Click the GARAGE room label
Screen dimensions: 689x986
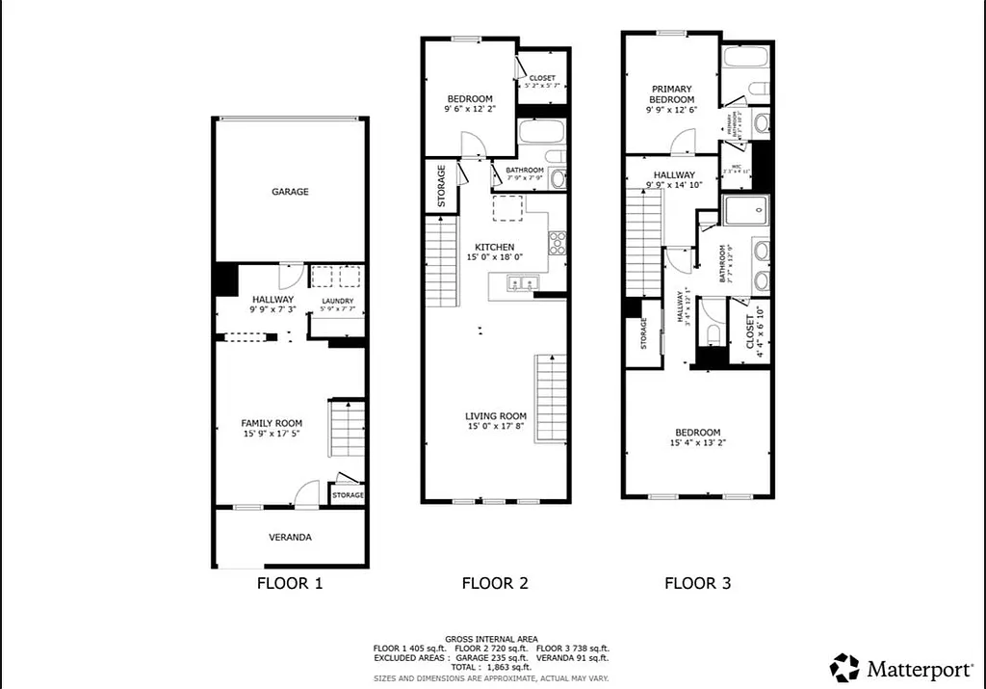click(x=290, y=192)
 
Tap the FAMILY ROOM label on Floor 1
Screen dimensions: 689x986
click(x=272, y=423)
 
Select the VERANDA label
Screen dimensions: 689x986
click(x=290, y=537)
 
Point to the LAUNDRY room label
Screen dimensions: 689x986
click(x=337, y=302)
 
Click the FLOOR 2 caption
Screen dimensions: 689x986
click(x=495, y=583)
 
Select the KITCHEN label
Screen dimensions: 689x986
click(x=495, y=248)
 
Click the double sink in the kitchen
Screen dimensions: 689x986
click(x=520, y=283)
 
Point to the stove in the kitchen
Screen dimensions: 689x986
click(x=557, y=242)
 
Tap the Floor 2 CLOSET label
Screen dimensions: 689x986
click(x=542, y=78)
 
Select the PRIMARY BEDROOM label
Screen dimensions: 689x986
click(x=671, y=93)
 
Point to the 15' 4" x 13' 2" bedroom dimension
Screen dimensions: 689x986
click(x=696, y=443)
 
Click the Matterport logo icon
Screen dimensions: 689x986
click(x=844, y=667)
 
